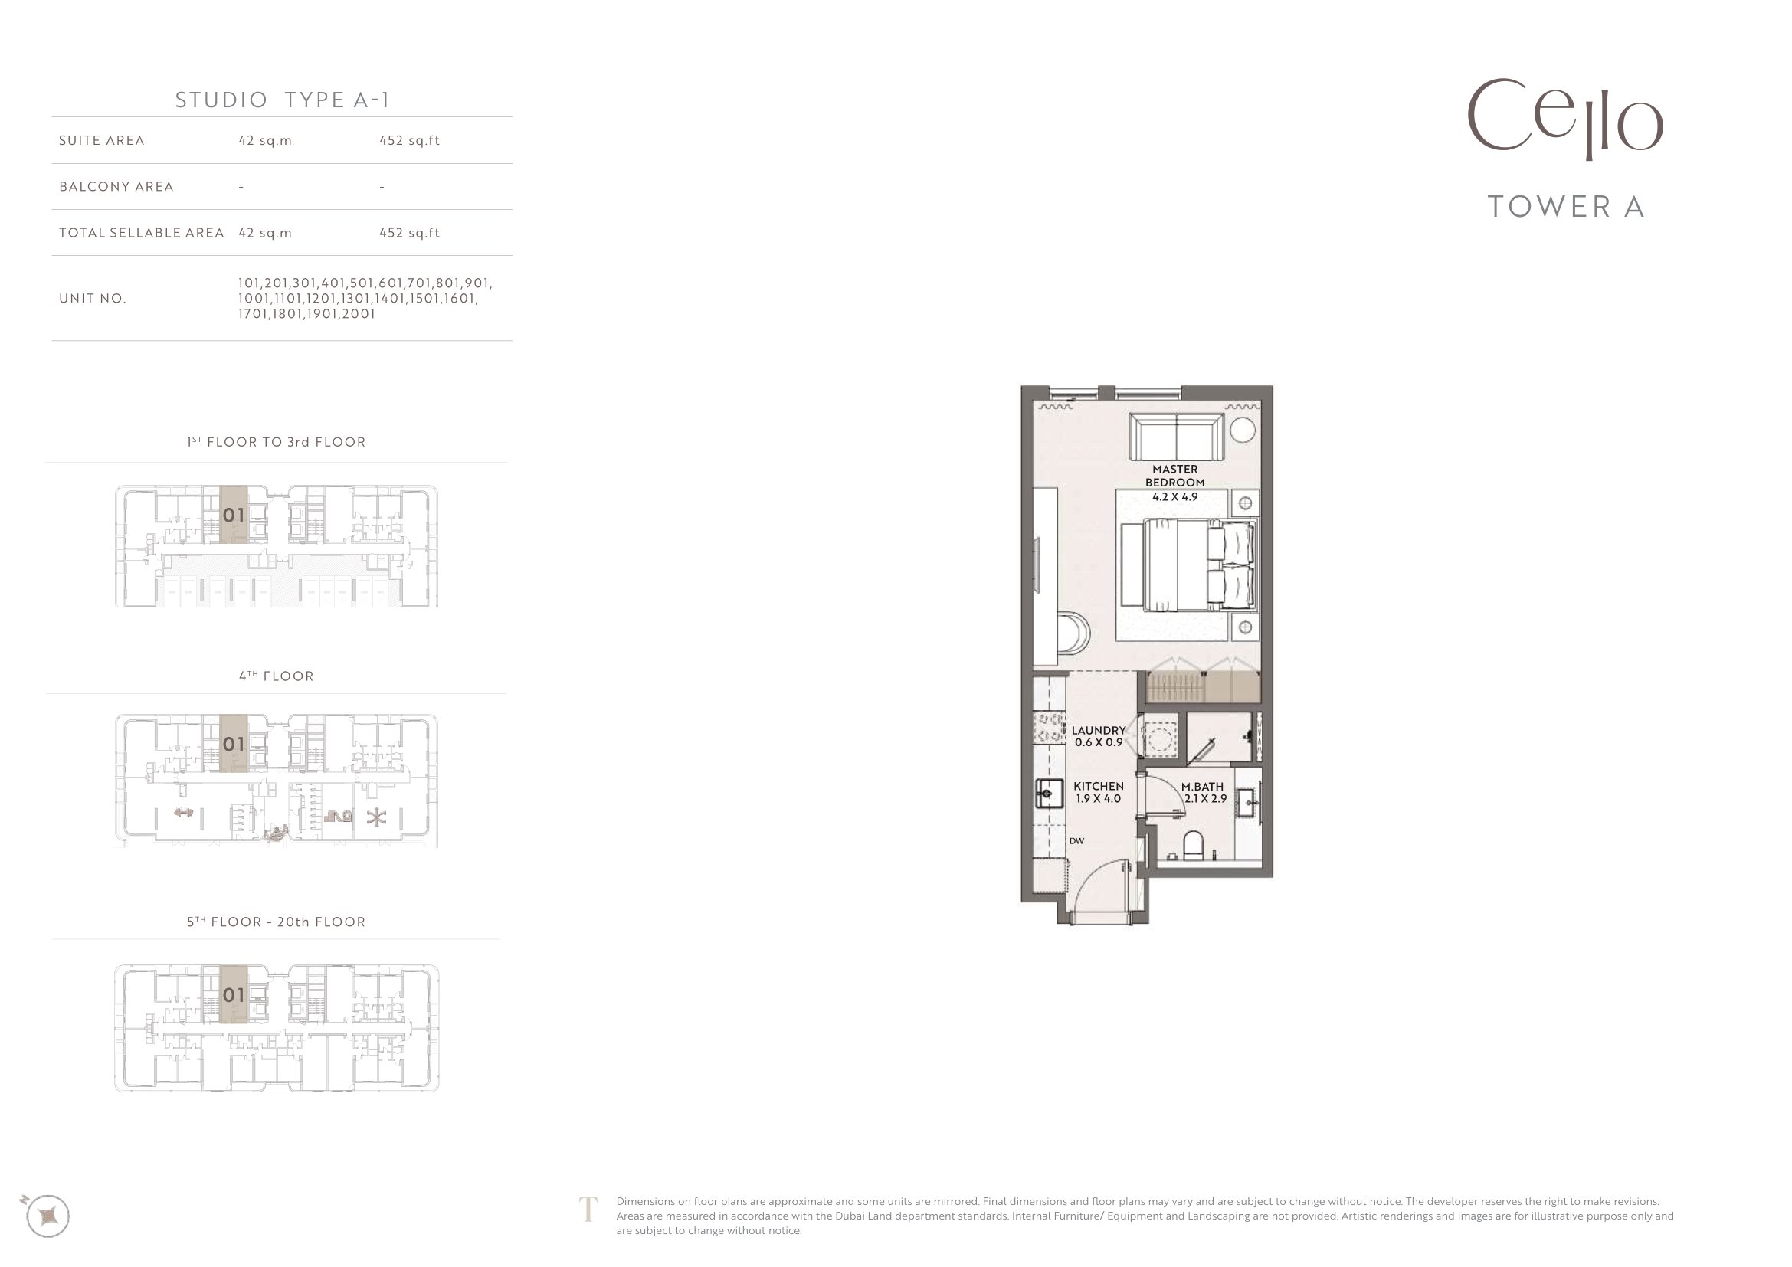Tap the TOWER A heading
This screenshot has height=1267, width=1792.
(1567, 207)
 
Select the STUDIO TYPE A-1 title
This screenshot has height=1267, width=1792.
(282, 100)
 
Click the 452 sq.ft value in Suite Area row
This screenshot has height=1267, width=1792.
(410, 140)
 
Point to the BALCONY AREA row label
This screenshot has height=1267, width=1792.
(116, 186)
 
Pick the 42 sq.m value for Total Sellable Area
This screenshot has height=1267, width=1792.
(265, 233)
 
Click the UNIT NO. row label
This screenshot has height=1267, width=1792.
(92, 298)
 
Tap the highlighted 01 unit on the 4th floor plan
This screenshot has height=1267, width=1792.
(234, 744)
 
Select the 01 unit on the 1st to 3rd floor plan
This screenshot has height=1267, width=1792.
(234, 515)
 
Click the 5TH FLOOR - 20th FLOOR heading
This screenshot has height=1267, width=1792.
(277, 922)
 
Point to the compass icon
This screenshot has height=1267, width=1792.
(48, 1215)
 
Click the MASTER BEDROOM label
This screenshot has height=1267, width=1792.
(1174, 476)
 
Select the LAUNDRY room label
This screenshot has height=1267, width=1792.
(1098, 731)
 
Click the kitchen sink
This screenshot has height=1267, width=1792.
(1049, 794)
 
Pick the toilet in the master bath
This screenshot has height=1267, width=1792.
(1194, 846)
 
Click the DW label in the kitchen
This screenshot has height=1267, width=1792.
(1076, 841)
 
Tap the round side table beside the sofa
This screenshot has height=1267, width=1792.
(1243, 430)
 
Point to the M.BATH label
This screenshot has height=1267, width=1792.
(1202, 787)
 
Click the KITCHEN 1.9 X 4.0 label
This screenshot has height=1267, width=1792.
(1098, 792)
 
